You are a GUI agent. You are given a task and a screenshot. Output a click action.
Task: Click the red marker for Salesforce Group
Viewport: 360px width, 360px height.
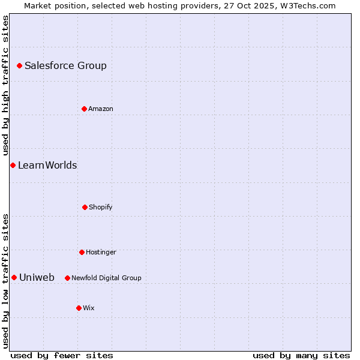pyautogui.click(x=19, y=65)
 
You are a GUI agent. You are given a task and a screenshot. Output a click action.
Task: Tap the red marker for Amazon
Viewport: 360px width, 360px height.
pyautogui.click(x=84, y=109)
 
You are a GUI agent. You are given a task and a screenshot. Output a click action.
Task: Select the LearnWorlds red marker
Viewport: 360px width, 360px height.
pyautogui.click(x=13, y=165)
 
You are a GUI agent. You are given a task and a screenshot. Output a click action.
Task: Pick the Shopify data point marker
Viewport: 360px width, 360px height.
pyautogui.click(x=85, y=207)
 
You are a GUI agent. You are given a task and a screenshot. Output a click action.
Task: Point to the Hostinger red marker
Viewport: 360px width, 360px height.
pyautogui.click(x=82, y=252)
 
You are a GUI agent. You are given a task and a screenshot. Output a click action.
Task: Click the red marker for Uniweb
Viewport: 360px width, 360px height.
pyautogui.click(x=14, y=277)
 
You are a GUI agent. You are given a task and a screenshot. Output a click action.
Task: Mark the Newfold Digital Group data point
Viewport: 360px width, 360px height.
pyautogui.click(x=67, y=278)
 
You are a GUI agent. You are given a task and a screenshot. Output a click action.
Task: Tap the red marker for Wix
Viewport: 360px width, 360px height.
pyautogui.click(x=79, y=308)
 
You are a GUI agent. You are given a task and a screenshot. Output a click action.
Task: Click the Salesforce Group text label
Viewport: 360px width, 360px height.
pyautogui.click(x=65, y=66)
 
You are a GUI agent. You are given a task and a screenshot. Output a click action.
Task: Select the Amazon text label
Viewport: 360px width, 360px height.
pyautogui.click(x=101, y=109)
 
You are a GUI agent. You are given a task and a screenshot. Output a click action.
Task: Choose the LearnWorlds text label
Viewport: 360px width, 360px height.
pyautogui.click(x=47, y=166)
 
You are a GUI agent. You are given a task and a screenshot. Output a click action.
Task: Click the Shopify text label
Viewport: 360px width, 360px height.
pyautogui.click(x=101, y=208)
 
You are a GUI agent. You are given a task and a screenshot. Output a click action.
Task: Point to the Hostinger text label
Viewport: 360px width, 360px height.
pyautogui.click(x=101, y=253)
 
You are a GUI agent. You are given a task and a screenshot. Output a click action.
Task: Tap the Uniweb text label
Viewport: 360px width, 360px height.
pyautogui.click(x=37, y=278)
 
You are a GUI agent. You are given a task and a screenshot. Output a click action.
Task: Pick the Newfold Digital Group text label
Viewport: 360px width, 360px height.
pyautogui.click(x=106, y=278)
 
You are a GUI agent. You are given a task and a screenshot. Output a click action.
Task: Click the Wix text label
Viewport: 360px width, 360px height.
pyautogui.click(x=89, y=308)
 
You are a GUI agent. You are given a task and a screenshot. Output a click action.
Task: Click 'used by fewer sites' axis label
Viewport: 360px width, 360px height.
pyautogui.click(x=62, y=355)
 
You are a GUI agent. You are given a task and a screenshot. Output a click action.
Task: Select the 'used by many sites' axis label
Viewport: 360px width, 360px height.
pyautogui.click(x=301, y=355)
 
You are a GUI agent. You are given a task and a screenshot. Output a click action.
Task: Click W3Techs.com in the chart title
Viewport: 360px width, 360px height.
pyautogui.click(x=307, y=5)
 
